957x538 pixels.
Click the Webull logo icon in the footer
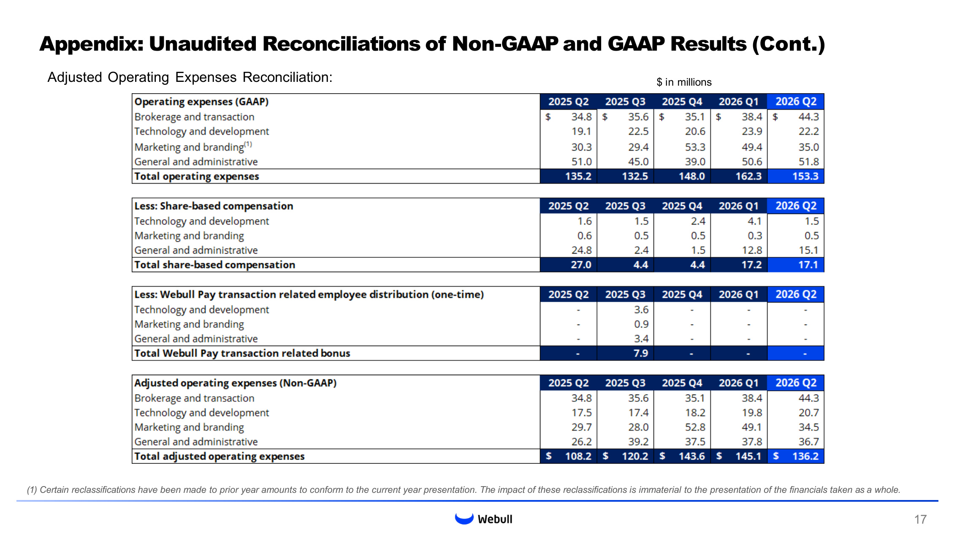(464, 519)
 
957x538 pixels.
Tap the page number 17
(920, 519)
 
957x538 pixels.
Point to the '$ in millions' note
(684, 82)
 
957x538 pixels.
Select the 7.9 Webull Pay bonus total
(641, 353)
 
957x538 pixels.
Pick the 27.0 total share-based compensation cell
(581, 265)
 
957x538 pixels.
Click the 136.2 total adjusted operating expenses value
(805, 456)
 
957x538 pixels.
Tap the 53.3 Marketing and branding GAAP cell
(695, 147)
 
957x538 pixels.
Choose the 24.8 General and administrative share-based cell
(581, 250)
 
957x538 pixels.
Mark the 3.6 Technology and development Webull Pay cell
(641, 309)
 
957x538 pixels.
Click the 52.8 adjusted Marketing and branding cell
(695, 427)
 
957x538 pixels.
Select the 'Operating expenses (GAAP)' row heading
(201, 102)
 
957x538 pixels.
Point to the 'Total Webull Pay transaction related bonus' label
(242, 353)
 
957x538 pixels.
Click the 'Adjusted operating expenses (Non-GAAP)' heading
(236, 383)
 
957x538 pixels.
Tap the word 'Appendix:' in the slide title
(92, 44)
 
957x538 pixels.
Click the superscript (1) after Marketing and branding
(248, 144)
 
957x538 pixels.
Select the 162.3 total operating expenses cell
(748, 176)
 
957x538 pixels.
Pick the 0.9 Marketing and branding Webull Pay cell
(641, 324)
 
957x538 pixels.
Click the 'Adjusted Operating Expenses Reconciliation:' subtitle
(190, 77)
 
